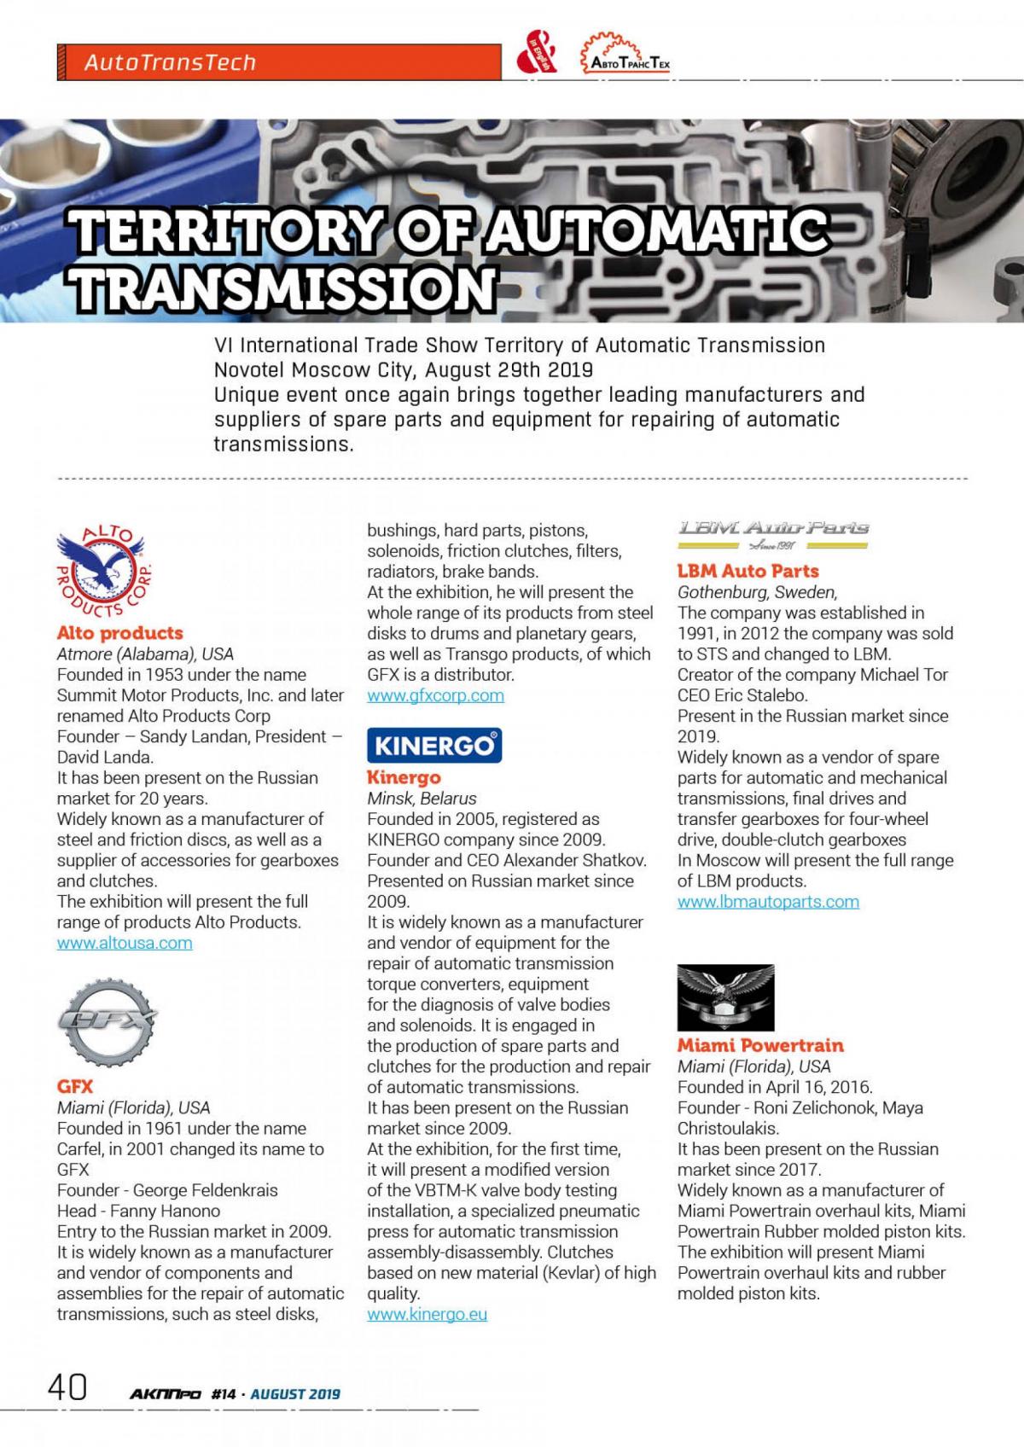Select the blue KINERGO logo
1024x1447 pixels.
pyautogui.click(x=434, y=745)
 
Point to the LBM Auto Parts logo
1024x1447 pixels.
pyautogui.click(x=773, y=535)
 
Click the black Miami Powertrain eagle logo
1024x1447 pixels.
pyautogui.click(x=725, y=997)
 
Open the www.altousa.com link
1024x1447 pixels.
pyautogui.click(x=125, y=943)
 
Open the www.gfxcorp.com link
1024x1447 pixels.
pyautogui.click(x=435, y=695)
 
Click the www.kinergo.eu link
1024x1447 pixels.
pyautogui.click(x=427, y=1314)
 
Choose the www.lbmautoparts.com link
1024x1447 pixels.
pyautogui.click(x=768, y=902)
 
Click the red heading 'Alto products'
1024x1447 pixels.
pyautogui.click(x=119, y=633)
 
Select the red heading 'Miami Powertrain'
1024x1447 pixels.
pyautogui.click(x=760, y=1045)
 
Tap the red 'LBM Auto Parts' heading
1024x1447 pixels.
pyautogui.click(x=748, y=571)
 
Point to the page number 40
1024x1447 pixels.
pyautogui.click(x=67, y=1387)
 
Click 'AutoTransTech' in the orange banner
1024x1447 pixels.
pyautogui.click(x=170, y=62)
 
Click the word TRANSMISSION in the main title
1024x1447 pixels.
pyautogui.click(x=284, y=288)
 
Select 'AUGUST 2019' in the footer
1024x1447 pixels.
pyautogui.click(x=295, y=1394)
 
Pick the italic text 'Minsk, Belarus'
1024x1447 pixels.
pyautogui.click(x=422, y=799)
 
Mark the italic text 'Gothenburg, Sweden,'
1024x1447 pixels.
pyautogui.click(x=757, y=592)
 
